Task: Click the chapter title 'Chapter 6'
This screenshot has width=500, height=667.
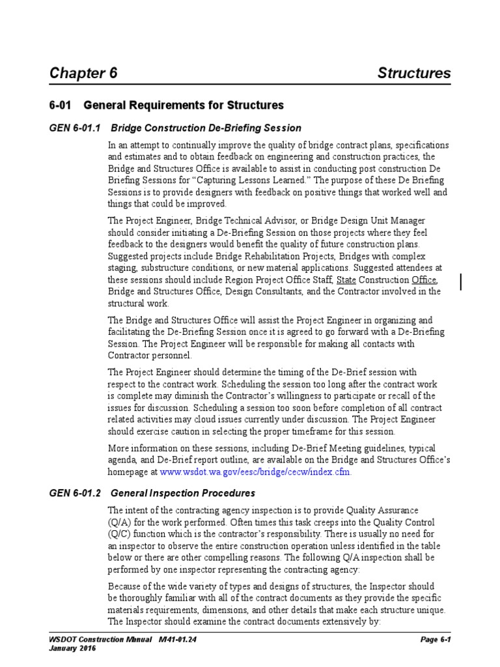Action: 83,73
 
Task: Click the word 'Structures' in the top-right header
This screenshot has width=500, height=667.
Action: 414,73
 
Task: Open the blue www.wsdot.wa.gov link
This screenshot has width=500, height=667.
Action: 255,472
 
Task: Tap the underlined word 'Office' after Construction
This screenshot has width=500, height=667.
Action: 424,280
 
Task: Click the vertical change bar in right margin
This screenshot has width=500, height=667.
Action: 461,281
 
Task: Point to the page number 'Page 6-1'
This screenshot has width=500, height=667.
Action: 436,640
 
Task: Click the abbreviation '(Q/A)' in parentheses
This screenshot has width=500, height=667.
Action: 119,522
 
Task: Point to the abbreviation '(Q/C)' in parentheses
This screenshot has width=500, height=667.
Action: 119,534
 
